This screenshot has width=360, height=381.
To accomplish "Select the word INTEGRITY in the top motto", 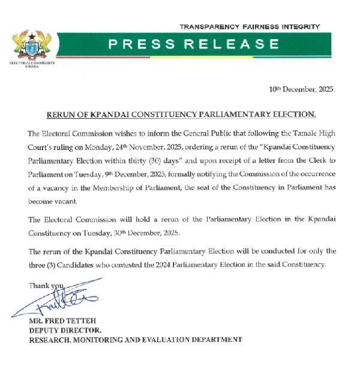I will pyautogui.click(x=299, y=26).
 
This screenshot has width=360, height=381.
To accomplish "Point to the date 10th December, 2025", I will pyautogui.click(x=302, y=89).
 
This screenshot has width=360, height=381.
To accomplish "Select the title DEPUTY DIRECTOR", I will pyautogui.click(x=65, y=331).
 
